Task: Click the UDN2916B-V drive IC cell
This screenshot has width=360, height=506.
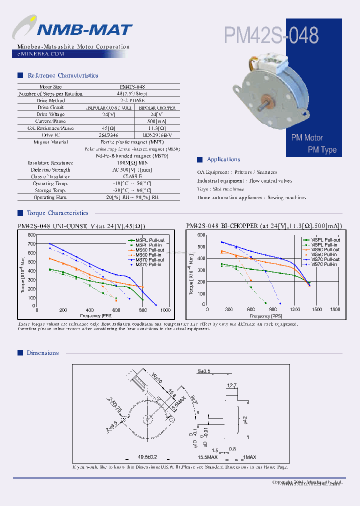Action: [157, 135]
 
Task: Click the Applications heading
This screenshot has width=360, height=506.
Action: [223, 159]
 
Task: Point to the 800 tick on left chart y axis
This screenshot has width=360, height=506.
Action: [31, 235]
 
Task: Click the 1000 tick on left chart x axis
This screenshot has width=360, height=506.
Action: [165, 310]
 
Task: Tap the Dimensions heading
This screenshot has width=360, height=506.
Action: [43, 353]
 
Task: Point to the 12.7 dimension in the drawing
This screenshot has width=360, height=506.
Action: [231, 385]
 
